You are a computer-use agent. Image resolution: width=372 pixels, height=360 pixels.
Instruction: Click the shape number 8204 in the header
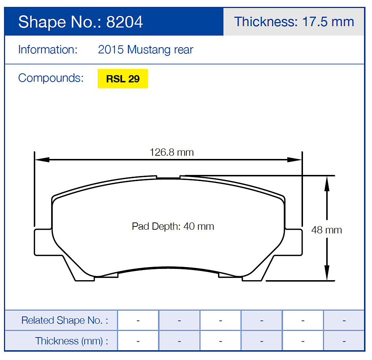(x=124, y=22)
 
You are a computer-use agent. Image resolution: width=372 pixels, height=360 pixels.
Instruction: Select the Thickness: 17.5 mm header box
(x=294, y=22)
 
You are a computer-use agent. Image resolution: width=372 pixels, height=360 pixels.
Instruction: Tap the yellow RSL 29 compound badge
(x=123, y=79)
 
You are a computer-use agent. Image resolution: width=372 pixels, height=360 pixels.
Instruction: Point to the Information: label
(x=48, y=50)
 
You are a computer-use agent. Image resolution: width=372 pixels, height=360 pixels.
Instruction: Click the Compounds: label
(x=50, y=78)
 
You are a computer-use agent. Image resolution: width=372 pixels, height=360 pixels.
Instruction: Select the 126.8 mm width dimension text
(x=171, y=152)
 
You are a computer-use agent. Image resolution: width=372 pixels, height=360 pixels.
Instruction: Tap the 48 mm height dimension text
(x=326, y=230)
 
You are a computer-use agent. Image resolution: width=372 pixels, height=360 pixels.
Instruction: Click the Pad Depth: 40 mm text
(x=173, y=226)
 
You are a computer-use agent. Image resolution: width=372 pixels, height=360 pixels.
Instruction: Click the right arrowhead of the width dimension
(x=295, y=160)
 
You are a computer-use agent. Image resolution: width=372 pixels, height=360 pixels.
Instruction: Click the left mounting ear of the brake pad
(x=43, y=242)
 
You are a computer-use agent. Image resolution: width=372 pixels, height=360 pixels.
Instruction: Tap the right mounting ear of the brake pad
(x=294, y=242)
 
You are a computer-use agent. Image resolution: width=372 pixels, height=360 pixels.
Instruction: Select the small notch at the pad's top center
(x=169, y=177)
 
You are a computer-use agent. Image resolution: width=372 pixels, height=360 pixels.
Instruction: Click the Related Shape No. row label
(x=64, y=320)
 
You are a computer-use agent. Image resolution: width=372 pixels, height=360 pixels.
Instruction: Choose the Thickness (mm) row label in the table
(x=71, y=341)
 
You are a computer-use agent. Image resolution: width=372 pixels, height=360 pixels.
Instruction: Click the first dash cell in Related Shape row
(x=138, y=320)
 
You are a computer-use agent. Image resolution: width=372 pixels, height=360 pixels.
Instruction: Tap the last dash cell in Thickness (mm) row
(x=344, y=341)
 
